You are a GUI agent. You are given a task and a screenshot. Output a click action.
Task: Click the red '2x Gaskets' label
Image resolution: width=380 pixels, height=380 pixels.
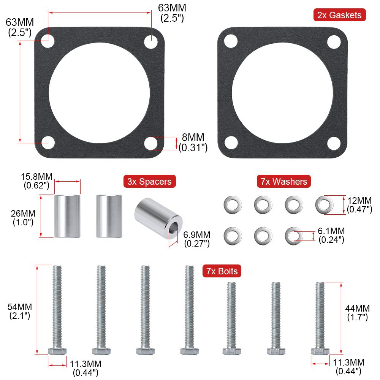[x=339, y=15]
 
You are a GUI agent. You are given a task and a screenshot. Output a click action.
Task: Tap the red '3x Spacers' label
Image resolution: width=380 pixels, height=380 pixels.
[x=149, y=182]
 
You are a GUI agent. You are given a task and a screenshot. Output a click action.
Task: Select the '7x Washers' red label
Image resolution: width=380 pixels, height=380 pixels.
[x=284, y=182]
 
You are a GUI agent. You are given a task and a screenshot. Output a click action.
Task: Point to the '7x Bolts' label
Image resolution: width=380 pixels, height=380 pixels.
[x=222, y=271]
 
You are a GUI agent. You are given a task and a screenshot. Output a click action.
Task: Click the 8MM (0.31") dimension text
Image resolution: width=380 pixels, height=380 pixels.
[x=193, y=142]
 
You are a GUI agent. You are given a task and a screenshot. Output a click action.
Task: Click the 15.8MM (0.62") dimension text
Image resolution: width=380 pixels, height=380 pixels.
[x=36, y=181]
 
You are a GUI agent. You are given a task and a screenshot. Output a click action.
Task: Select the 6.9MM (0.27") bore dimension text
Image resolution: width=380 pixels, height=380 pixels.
[x=197, y=239]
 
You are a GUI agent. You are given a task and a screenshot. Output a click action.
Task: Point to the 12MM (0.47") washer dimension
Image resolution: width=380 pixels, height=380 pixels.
[x=358, y=205]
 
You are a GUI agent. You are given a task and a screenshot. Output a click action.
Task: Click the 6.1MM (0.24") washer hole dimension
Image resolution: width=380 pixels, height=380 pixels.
[x=331, y=235]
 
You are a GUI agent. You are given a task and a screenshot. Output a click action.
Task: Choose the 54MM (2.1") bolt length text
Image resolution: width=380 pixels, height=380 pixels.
[x=20, y=311]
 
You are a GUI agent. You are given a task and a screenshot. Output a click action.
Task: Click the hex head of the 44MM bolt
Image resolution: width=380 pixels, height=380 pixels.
[x=320, y=351]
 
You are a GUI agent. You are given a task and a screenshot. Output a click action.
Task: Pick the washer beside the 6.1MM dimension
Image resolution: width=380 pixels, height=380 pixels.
[x=293, y=236]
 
